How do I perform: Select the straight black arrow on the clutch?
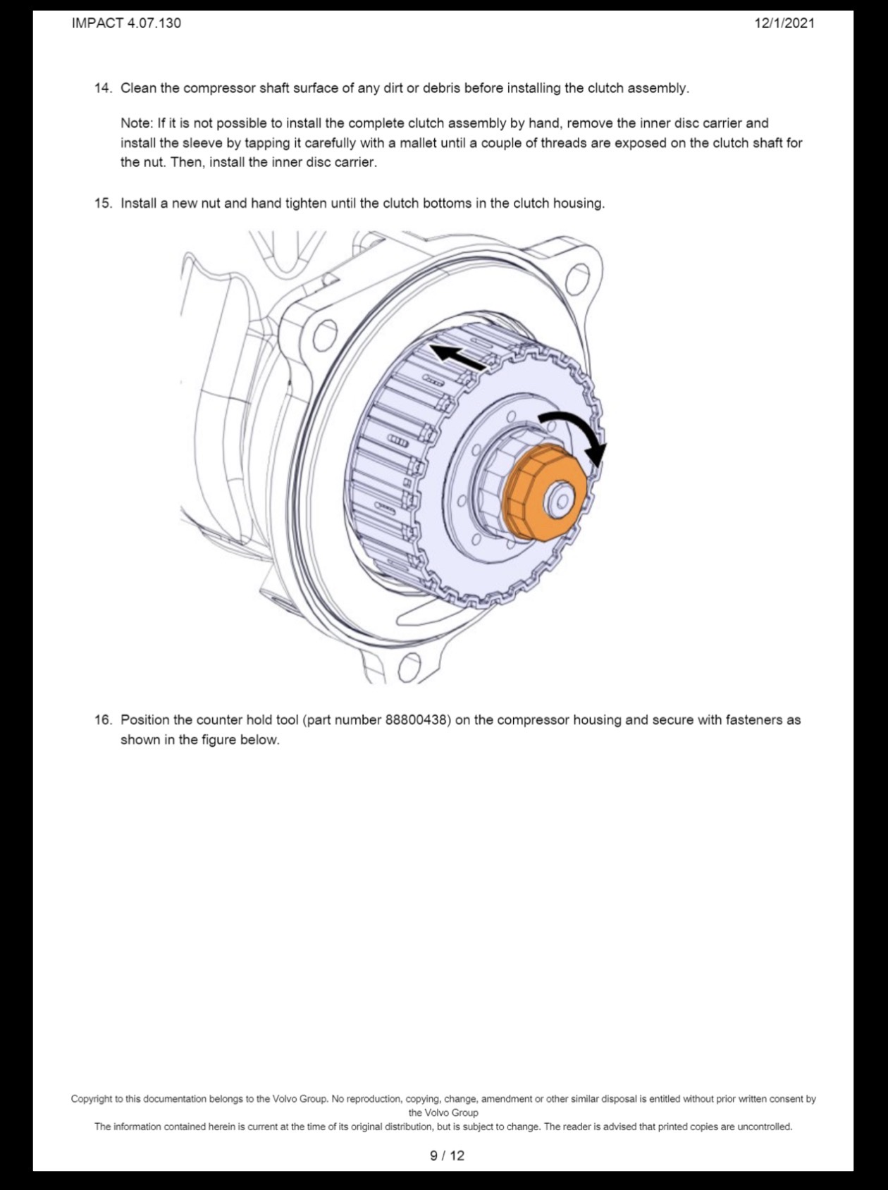click(x=458, y=357)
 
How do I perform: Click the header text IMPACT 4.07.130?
click(x=126, y=23)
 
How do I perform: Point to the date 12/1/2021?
click(x=784, y=23)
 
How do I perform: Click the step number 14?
click(x=103, y=88)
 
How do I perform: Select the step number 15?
click(x=103, y=204)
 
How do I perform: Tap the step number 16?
click(x=103, y=720)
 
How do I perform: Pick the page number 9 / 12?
click(x=448, y=1155)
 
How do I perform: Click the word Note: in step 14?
click(x=137, y=123)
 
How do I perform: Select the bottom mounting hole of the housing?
click(x=409, y=667)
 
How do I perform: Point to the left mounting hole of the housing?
click(x=324, y=335)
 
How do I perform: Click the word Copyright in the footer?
click(x=92, y=1099)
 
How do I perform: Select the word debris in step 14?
click(x=442, y=88)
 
